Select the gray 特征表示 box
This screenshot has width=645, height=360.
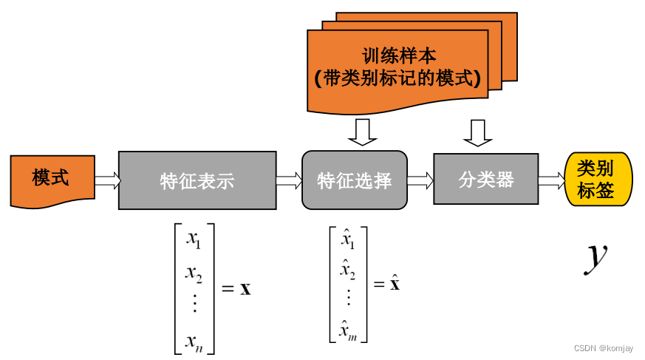click(x=197, y=180)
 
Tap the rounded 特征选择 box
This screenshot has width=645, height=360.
click(x=354, y=180)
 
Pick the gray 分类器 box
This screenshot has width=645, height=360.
click(x=485, y=179)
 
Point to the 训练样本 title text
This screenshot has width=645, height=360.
click(x=399, y=55)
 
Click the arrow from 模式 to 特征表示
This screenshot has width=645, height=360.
click(x=107, y=180)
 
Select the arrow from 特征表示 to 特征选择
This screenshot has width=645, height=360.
click(x=289, y=180)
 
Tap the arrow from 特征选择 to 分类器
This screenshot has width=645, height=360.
click(x=420, y=180)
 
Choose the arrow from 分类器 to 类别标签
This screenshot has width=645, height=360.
click(x=550, y=180)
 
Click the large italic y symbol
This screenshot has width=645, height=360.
click(x=595, y=255)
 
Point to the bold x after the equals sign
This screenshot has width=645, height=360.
click(x=246, y=288)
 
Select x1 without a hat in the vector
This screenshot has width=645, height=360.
click(x=194, y=240)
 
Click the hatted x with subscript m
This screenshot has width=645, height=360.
click(x=348, y=330)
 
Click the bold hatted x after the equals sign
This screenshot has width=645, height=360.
click(x=395, y=283)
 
